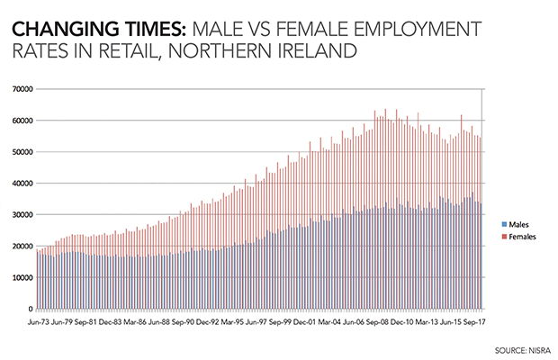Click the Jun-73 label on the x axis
pos(38,319)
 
